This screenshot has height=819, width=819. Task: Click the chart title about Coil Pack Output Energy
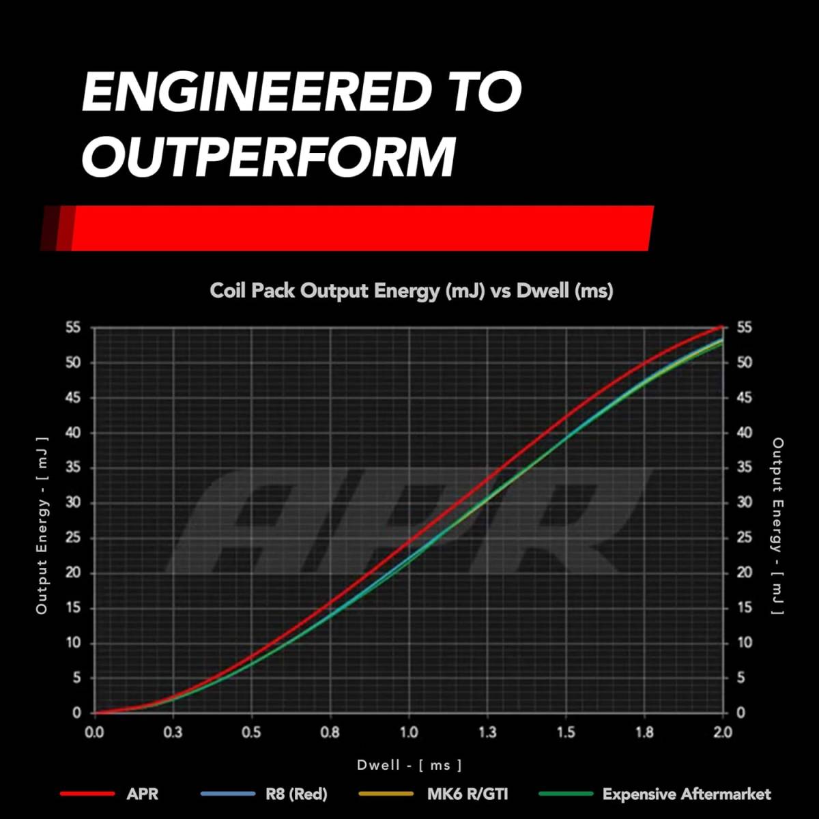point(411,291)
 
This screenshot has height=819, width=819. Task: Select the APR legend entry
point(142,794)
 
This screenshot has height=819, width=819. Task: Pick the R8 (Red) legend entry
point(296,794)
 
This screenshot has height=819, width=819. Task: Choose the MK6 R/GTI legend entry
point(468,794)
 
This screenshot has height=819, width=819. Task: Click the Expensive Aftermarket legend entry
point(687,794)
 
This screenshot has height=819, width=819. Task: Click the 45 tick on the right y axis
point(744,397)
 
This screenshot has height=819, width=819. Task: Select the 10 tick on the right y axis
point(744,642)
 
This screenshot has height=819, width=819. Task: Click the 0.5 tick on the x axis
point(251,732)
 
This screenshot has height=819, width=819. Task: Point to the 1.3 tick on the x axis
point(487,732)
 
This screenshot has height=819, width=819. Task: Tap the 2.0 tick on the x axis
point(723,732)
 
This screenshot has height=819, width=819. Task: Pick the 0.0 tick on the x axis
point(94,732)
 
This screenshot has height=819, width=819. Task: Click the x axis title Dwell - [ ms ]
point(409,765)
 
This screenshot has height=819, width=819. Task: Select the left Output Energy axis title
point(42,526)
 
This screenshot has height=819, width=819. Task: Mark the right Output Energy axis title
point(777,526)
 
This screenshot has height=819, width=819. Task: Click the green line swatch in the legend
point(565,794)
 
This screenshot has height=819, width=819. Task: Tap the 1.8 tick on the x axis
point(644,732)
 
